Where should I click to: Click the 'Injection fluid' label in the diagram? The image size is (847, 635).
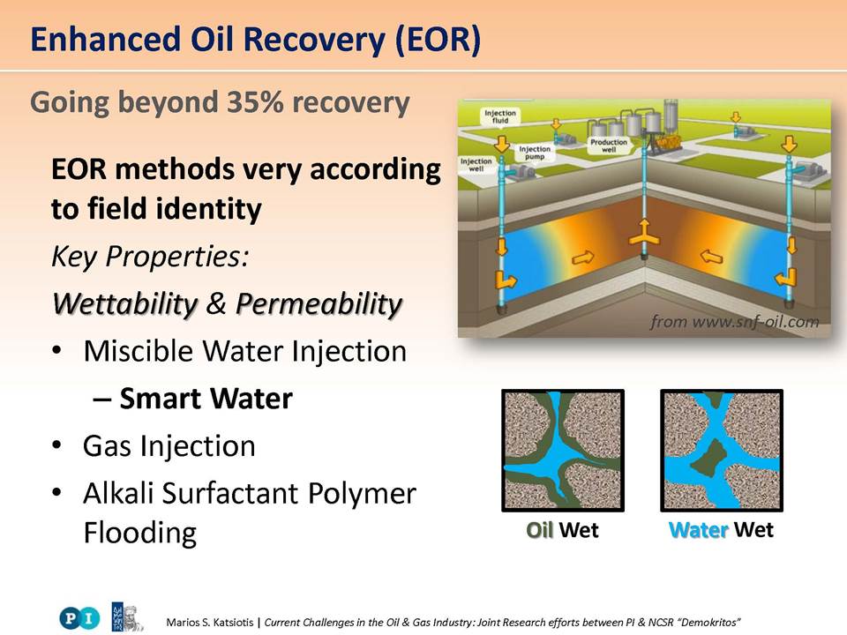tap(499, 116)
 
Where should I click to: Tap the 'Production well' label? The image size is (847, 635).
tap(609, 146)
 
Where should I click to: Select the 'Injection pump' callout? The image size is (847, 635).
tap(535, 153)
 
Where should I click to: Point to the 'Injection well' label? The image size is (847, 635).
tap(476, 165)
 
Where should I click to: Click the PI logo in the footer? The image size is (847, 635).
tap(79, 617)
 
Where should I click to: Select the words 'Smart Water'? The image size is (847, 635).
tap(206, 399)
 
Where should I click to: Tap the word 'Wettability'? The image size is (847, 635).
tap(126, 303)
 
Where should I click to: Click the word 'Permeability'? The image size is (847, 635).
tap(319, 303)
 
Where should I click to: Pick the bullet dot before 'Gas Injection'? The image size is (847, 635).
tap(57, 446)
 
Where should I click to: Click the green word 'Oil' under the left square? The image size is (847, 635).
tap(540, 530)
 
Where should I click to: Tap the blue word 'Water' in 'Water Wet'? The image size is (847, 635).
tap(699, 530)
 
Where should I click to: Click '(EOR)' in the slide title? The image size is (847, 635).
tap(438, 40)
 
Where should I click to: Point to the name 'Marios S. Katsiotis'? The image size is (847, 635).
tap(210, 622)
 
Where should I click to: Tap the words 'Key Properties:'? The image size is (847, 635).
tap(150, 257)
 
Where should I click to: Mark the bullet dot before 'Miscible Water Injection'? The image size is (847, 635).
tap(57, 351)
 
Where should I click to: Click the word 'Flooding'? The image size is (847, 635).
tap(140, 533)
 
